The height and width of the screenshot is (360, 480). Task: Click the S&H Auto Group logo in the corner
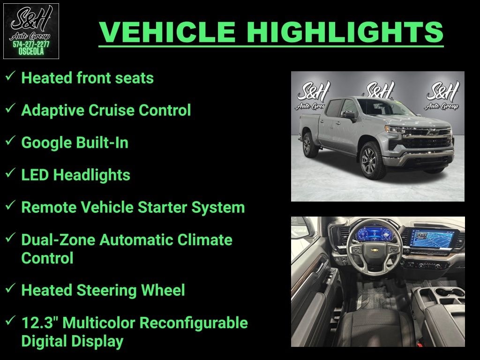point(31,31)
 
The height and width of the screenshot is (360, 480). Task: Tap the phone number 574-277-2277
point(31,45)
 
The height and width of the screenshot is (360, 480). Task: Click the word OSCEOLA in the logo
point(31,52)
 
